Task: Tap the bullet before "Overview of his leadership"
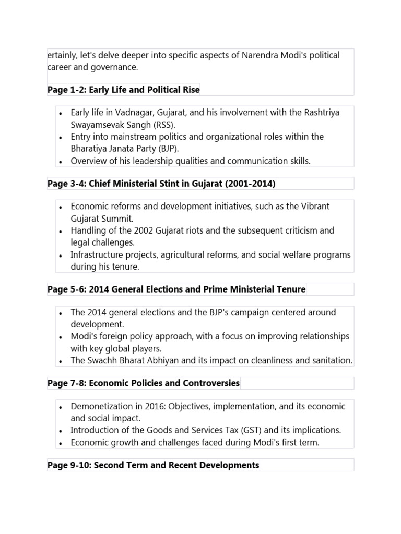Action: (x=61, y=162)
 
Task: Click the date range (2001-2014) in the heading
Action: (x=249, y=184)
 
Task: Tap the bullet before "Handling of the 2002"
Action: (x=61, y=231)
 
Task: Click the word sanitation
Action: (x=331, y=360)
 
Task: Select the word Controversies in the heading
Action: (x=211, y=383)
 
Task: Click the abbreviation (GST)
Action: (x=253, y=430)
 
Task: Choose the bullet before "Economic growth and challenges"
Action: (x=61, y=443)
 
